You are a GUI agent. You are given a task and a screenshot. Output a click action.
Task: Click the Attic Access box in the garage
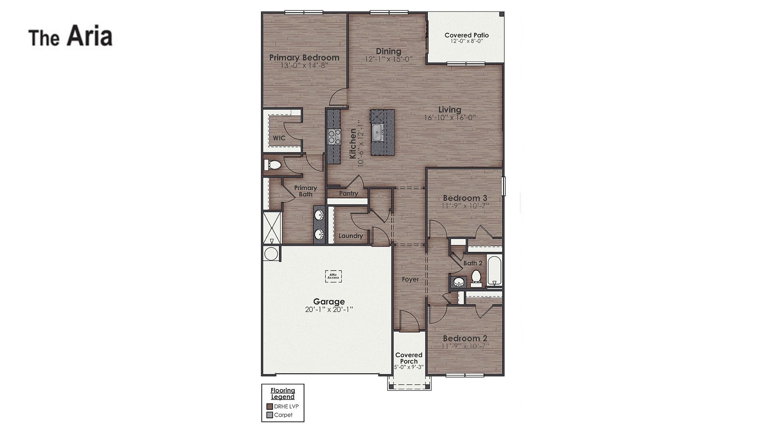coord(333,276)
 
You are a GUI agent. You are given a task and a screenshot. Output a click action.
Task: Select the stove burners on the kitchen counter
coord(334,136)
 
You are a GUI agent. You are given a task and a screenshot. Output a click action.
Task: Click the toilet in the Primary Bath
coord(274,164)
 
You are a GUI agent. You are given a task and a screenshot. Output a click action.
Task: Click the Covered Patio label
coord(467,35)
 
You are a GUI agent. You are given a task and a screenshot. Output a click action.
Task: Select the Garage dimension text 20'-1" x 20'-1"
coord(329,310)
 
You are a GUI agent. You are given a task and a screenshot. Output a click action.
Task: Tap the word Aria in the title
coord(89,36)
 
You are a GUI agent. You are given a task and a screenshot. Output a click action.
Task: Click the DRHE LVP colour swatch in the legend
coord(270,407)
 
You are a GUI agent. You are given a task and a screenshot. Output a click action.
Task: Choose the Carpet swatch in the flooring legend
coord(270,415)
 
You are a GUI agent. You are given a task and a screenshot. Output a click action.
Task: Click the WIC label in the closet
coord(279,138)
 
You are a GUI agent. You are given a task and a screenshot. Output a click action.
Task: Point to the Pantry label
coord(348,194)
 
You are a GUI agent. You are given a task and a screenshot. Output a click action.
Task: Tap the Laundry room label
coord(351,236)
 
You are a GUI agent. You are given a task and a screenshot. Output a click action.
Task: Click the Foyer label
coord(410,279)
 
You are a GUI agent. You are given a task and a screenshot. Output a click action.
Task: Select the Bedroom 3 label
coord(465,198)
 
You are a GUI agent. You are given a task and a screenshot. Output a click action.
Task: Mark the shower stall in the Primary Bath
coord(272,228)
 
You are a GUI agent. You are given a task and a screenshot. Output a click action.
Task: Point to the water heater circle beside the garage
coord(271,254)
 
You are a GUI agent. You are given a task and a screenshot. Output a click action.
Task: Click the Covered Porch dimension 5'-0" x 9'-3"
coord(409,367)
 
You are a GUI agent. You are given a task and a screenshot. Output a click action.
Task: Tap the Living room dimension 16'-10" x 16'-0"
coord(450,118)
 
